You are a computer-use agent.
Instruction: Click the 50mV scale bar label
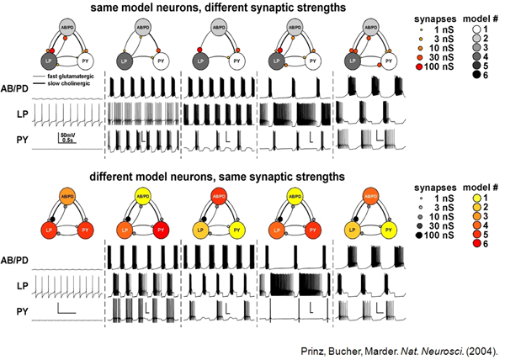[x=69, y=134]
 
